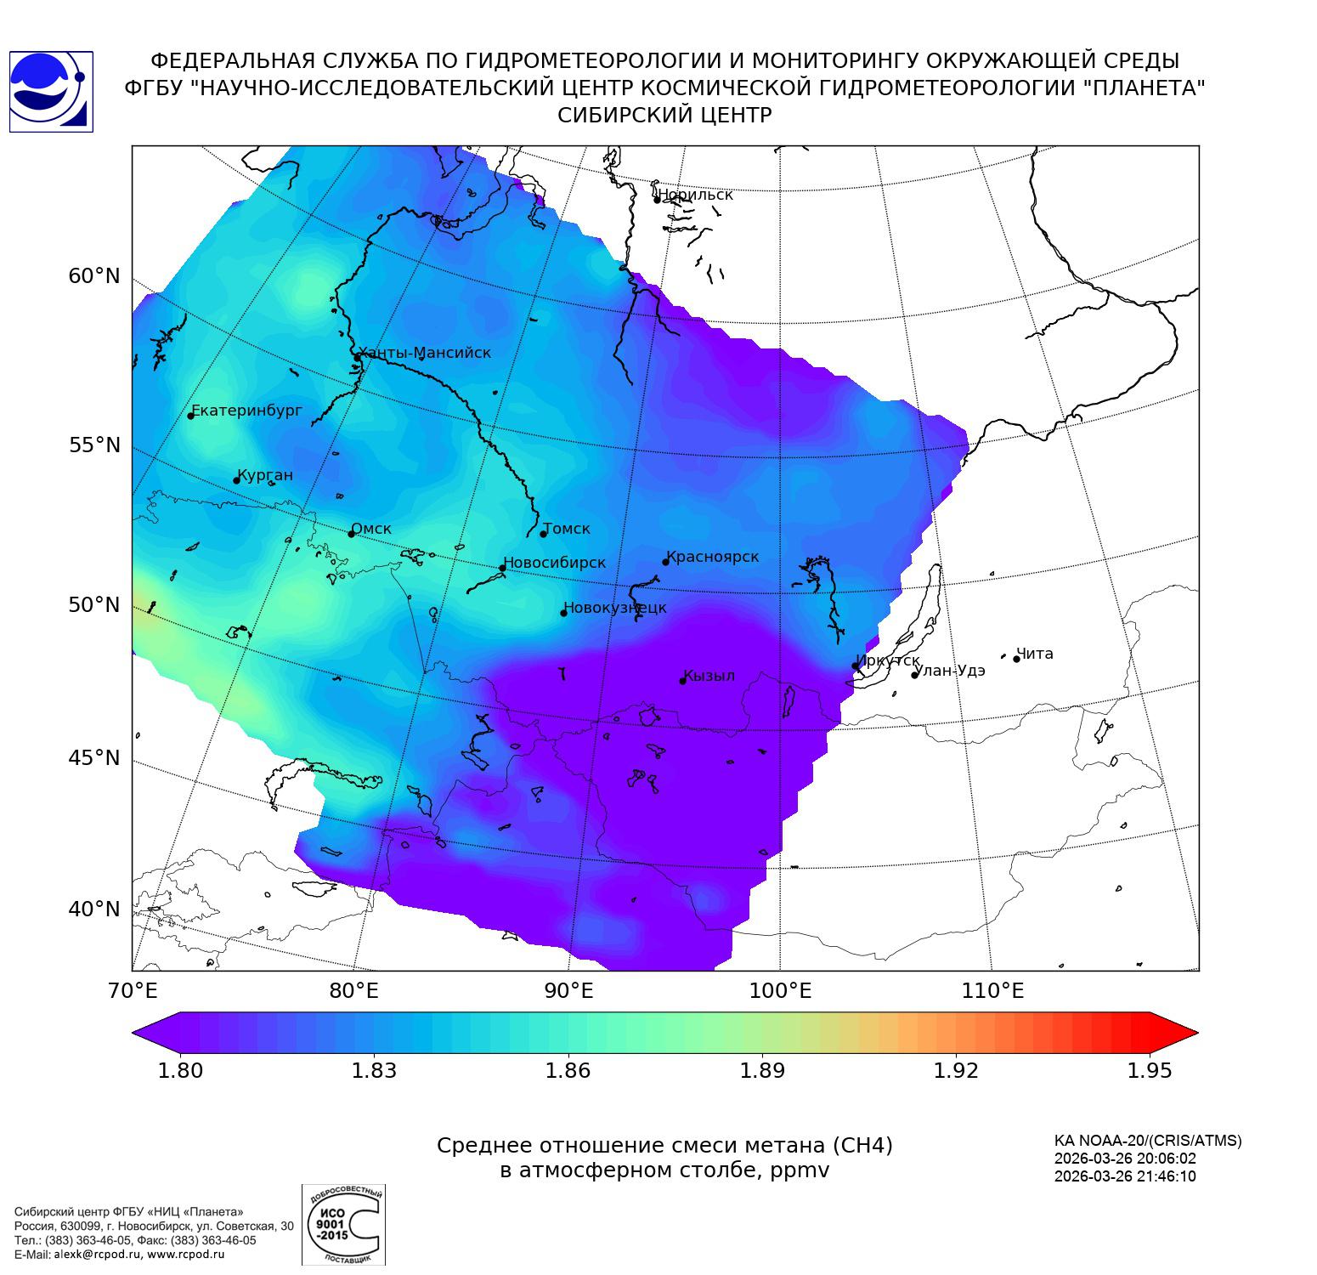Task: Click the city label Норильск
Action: [695, 195]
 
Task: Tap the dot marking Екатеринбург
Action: [191, 415]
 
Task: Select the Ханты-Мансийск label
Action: [425, 353]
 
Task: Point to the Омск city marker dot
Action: [352, 534]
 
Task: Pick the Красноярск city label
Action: [713, 557]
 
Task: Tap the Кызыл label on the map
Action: [709, 676]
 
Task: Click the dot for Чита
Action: [1016, 659]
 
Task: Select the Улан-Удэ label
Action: [951, 671]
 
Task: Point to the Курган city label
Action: [265, 475]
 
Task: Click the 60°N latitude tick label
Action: [94, 276]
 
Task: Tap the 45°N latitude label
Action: [94, 757]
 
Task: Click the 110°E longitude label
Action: [992, 990]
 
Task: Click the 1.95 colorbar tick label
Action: [1149, 1070]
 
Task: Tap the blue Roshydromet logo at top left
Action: [50, 92]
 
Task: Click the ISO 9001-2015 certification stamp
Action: [343, 1225]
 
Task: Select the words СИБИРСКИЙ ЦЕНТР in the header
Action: [664, 116]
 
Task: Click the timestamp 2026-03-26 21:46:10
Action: [1125, 1176]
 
